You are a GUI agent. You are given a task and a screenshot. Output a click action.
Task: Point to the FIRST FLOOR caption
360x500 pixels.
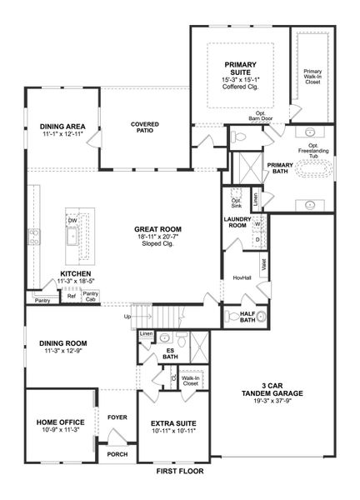[179, 472]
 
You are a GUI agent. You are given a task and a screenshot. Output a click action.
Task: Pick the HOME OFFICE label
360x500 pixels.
[57, 422]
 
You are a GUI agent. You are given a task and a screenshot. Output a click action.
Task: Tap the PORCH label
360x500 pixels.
[117, 454]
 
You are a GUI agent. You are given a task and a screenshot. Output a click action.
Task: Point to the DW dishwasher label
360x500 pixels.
[72, 220]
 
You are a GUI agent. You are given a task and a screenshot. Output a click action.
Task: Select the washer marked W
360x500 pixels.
[257, 225]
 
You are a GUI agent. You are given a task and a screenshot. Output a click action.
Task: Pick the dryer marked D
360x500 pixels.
[257, 240]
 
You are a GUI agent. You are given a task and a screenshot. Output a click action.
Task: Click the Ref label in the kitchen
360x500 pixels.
[71, 296]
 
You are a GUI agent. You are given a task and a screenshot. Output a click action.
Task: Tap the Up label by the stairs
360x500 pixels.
[127, 317]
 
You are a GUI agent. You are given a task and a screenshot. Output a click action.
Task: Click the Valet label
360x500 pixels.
[264, 265]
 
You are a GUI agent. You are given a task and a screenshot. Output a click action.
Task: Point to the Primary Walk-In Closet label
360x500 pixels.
[312, 77]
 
